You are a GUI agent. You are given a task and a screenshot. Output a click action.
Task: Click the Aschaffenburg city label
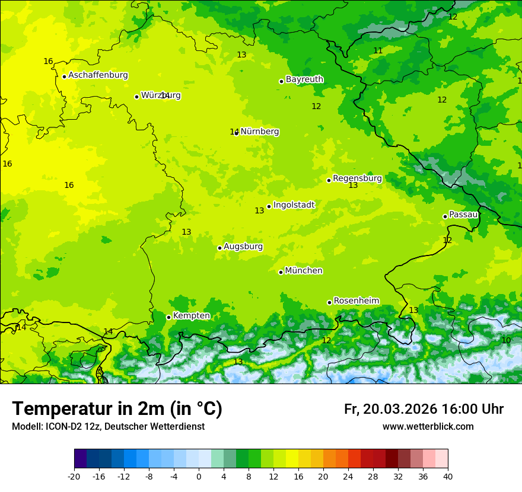(x=98, y=75)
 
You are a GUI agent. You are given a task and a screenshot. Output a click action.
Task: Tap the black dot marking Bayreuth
(x=281, y=81)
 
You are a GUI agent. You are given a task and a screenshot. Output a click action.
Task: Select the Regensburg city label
(x=357, y=178)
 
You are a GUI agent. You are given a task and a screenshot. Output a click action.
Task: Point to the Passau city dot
(x=445, y=216)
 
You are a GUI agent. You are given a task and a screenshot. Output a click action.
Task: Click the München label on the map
(x=304, y=271)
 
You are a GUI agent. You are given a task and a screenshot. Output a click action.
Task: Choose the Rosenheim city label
(x=356, y=301)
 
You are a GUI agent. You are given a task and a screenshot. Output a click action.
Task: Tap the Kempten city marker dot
(x=168, y=317)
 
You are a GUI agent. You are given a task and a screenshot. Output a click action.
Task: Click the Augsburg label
(x=243, y=246)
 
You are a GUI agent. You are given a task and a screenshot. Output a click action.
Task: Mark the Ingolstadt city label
(x=294, y=205)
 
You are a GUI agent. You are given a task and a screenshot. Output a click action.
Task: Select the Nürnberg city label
(x=259, y=132)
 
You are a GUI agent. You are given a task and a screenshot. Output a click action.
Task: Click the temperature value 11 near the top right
(x=378, y=50)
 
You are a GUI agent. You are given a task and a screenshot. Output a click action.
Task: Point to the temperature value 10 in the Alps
(x=506, y=340)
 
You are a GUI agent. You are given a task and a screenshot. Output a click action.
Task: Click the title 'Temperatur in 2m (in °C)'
(x=117, y=409)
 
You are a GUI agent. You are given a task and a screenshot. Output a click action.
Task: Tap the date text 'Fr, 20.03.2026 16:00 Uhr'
(x=424, y=409)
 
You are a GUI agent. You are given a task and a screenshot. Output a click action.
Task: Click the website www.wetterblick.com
(x=428, y=427)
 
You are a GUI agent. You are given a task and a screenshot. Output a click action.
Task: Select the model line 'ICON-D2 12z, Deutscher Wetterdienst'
(x=108, y=427)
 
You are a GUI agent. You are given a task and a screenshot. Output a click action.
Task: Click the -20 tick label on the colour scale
(x=74, y=477)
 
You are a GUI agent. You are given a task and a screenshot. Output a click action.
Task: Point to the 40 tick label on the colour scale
(x=448, y=477)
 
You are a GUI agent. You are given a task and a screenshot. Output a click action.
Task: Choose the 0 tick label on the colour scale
(x=199, y=477)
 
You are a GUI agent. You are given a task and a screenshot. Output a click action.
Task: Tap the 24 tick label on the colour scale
(x=348, y=477)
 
